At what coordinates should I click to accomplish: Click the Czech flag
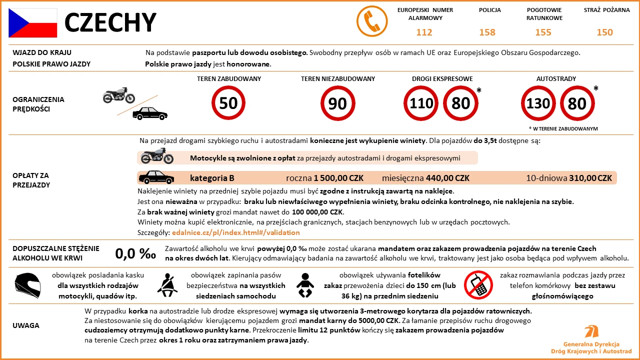coord(32,23)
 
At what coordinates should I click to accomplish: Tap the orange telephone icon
coord(372,21)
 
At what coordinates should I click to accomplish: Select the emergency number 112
coord(424,32)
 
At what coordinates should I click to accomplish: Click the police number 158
coord(487,32)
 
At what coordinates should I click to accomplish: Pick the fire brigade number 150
coord(604,32)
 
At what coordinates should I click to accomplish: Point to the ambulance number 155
coord(543,32)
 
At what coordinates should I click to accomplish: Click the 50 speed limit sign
coord(228,103)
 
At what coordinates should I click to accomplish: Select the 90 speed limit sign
coord(337,103)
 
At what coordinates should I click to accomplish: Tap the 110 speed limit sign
coord(421,103)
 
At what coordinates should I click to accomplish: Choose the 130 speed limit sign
coord(538,103)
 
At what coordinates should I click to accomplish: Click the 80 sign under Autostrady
coord(577,103)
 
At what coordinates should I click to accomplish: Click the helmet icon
coord(28,285)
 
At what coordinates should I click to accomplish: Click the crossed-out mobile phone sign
coord(478,285)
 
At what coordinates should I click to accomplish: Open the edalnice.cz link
coord(235,232)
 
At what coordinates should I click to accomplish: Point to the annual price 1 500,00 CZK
coord(338,178)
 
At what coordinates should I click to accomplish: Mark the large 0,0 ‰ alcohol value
coord(135,253)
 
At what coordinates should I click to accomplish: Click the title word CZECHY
coord(110,22)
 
